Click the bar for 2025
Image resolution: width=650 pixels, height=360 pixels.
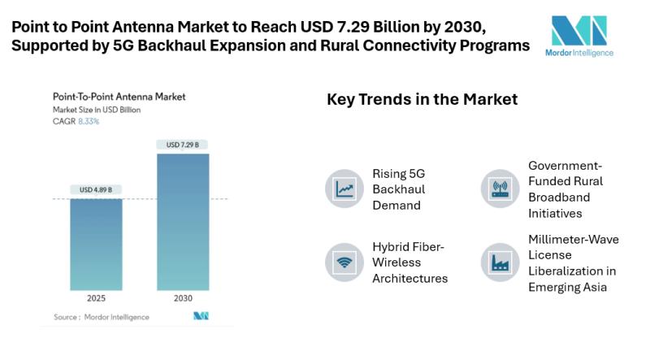95,244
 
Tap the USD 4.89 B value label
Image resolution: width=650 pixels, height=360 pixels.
95,189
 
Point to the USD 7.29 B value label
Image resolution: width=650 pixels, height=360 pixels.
182,145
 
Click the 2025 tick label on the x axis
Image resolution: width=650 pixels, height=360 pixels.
95,298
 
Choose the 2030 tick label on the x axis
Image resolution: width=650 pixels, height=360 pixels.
182,298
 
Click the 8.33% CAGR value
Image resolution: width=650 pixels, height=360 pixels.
89,121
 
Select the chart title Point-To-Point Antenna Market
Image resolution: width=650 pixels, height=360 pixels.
119,97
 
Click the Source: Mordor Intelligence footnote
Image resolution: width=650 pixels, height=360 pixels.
102,316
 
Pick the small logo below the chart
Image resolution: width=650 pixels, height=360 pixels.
201,315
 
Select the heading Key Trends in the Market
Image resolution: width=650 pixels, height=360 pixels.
422,100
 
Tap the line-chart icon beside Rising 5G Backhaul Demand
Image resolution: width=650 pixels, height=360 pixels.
344,189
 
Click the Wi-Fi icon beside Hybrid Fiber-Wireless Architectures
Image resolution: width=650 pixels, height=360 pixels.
344,262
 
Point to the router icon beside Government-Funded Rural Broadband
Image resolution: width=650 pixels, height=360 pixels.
500,189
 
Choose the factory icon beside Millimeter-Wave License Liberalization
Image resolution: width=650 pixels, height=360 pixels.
500,262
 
